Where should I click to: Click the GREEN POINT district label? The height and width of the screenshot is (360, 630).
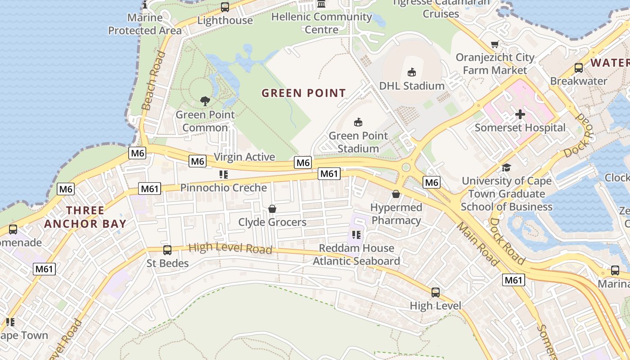click(x=304, y=93)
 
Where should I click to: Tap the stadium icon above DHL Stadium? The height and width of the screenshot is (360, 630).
click(x=411, y=72)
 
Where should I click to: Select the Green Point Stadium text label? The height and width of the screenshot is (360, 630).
click(x=358, y=142)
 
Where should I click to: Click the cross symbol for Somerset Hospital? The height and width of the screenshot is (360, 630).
click(x=520, y=114)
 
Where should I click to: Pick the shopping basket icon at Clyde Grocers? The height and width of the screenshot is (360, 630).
click(x=272, y=209)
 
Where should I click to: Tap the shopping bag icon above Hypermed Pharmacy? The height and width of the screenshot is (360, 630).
click(x=396, y=194)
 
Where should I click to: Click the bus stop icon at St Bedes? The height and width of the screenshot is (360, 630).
click(x=167, y=250)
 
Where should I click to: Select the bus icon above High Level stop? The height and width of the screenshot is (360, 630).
click(x=435, y=292)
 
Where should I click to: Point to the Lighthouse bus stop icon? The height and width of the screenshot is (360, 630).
click(x=225, y=7)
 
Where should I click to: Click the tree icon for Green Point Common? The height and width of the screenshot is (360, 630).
click(x=205, y=101)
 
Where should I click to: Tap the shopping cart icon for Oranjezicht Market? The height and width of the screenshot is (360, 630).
click(x=495, y=44)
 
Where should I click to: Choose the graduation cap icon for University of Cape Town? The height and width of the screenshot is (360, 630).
click(x=506, y=168)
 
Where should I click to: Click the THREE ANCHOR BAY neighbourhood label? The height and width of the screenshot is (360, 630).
click(x=85, y=217)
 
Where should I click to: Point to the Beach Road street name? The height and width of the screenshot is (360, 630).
click(x=153, y=81)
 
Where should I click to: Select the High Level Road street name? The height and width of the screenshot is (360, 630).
click(x=230, y=248)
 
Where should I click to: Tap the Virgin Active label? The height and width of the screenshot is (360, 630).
click(x=244, y=157)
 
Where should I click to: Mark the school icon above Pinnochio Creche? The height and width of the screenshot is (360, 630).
click(x=224, y=174)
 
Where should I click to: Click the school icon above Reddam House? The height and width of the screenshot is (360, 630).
click(x=356, y=235)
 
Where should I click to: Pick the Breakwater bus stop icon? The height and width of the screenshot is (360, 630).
click(x=579, y=68)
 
